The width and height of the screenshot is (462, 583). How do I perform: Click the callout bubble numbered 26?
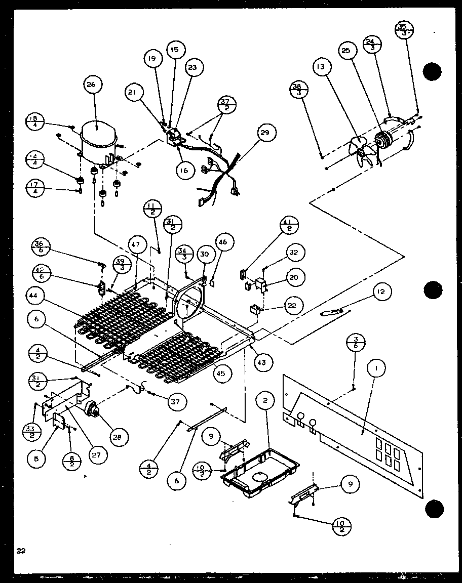click(91, 85)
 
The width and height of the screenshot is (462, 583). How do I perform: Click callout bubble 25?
click(345, 51)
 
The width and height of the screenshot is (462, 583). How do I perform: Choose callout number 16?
click(184, 170)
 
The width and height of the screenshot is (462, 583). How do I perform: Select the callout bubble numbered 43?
click(261, 362)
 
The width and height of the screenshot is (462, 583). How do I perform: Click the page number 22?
click(20, 550)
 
